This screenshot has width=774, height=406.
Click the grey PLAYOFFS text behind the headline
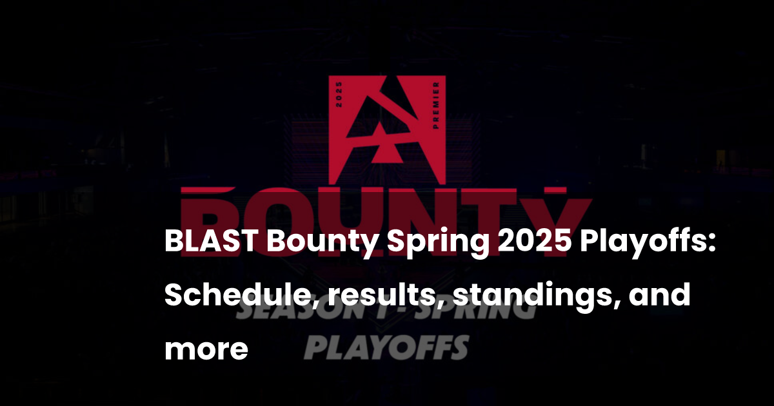386,347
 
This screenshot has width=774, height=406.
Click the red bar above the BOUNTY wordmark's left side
207,191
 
